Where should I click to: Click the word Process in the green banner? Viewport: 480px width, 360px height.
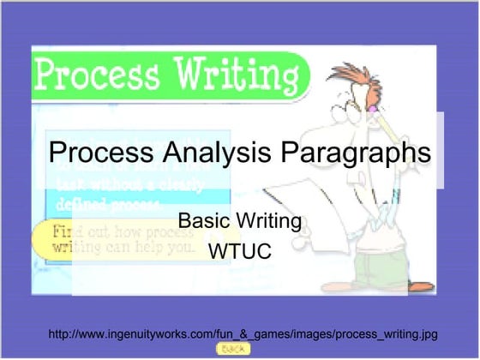(93, 75)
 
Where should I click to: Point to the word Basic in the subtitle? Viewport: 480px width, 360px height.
(201, 222)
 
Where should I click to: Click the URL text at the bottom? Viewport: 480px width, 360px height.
(243, 333)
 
